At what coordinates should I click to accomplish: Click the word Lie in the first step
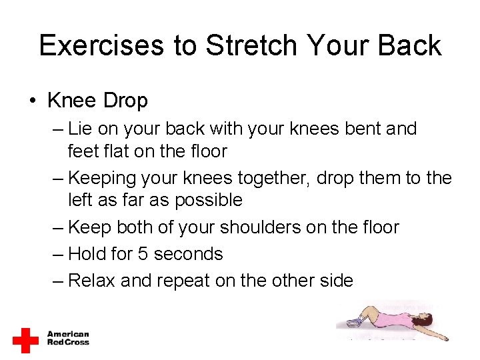click(81, 129)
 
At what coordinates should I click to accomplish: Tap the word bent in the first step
click(359, 129)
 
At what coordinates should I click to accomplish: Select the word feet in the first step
click(82, 151)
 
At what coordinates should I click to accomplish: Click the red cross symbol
click(26, 339)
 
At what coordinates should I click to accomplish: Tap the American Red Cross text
click(67, 338)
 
